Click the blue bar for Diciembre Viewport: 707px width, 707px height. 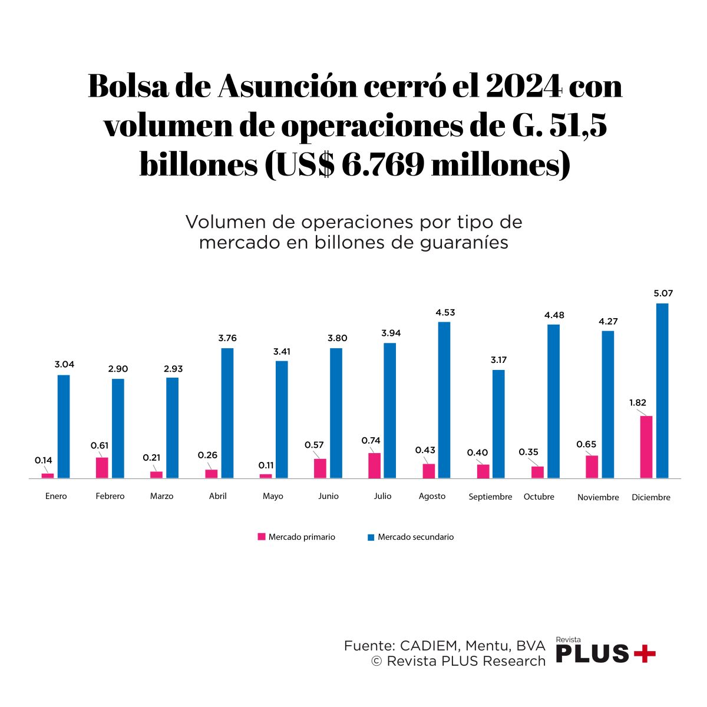(x=662, y=391)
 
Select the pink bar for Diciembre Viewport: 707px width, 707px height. (x=646, y=447)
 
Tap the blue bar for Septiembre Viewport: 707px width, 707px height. (x=498, y=424)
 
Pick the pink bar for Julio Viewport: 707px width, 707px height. (x=375, y=465)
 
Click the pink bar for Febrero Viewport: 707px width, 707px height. (x=102, y=467)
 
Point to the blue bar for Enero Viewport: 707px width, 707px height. (x=64, y=426)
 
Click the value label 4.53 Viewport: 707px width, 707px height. (x=445, y=312)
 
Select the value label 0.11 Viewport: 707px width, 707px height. (x=266, y=465)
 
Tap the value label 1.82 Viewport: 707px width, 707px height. (x=637, y=403)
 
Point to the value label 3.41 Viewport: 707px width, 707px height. (x=282, y=352)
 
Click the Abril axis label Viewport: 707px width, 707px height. (x=218, y=496)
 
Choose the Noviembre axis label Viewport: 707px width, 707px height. (x=598, y=497)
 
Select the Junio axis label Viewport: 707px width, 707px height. (x=328, y=496)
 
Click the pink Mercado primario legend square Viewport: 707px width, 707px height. (x=262, y=537)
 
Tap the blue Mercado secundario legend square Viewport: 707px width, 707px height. (x=371, y=537)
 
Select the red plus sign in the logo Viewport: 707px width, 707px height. (x=644, y=653)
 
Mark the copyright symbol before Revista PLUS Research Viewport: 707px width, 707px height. (x=376, y=661)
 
